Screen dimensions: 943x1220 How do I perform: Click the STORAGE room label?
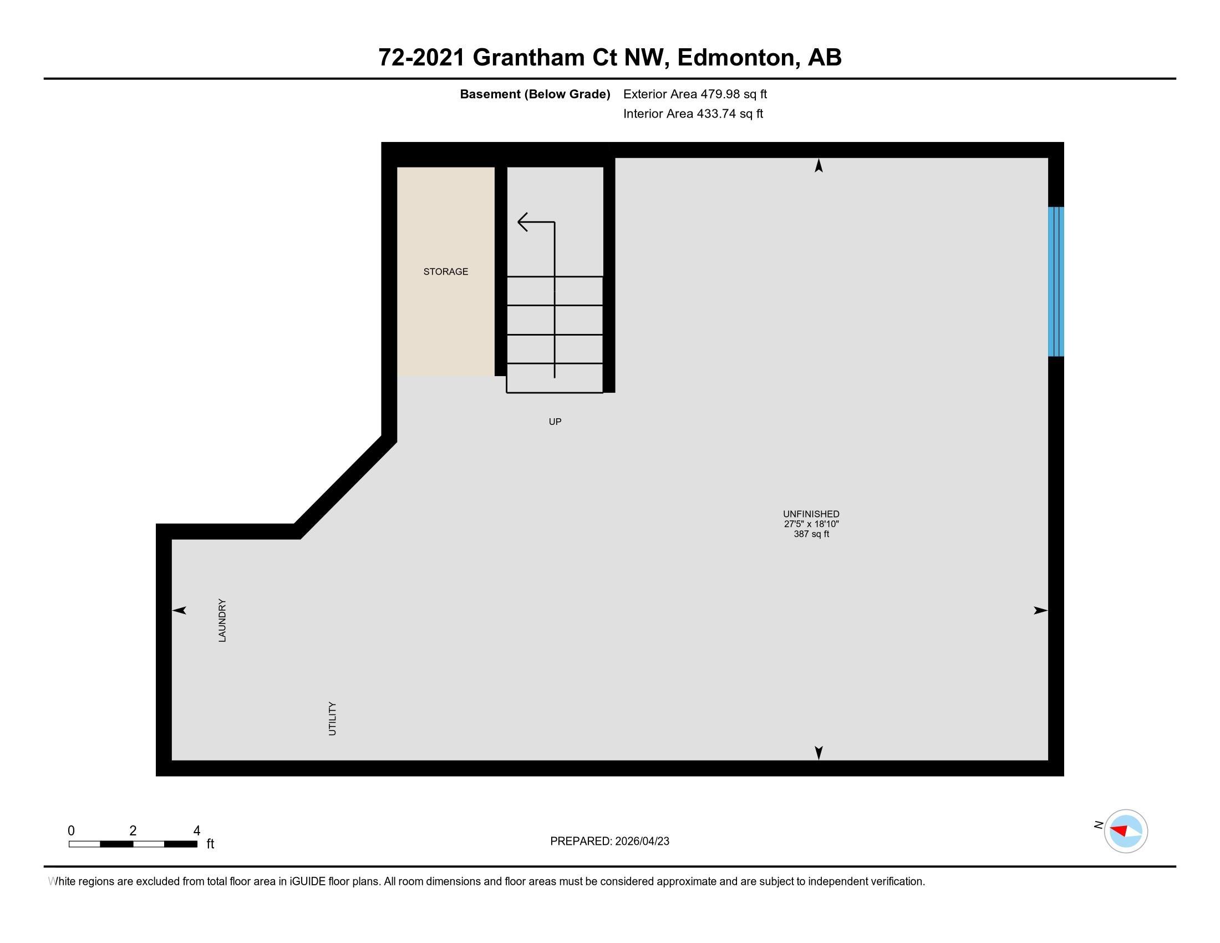click(445, 271)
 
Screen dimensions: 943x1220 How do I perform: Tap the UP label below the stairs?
click(555, 422)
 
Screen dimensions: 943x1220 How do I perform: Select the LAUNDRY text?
click(222, 620)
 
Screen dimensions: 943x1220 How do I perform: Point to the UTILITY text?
click(332, 718)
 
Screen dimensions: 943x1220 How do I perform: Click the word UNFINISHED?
click(811, 514)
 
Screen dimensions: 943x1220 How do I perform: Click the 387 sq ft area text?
click(811, 534)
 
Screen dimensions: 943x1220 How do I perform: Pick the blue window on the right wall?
click(1055, 282)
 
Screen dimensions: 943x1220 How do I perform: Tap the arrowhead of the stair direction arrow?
click(522, 222)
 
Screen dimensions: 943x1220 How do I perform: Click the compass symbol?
click(1125, 831)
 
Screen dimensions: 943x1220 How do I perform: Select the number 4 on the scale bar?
click(196, 831)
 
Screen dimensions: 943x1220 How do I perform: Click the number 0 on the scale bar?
click(71, 831)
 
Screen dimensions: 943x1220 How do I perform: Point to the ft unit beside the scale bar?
click(210, 844)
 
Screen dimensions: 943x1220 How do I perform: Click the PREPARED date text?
click(609, 841)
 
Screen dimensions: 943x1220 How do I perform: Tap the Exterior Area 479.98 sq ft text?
click(695, 94)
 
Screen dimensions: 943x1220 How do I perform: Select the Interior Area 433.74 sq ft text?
click(693, 114)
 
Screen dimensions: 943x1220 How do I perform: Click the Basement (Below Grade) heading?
click(535, 94)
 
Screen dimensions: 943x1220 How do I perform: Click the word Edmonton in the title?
click(736, 58)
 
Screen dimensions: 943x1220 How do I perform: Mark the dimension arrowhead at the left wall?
click(179, 611)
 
